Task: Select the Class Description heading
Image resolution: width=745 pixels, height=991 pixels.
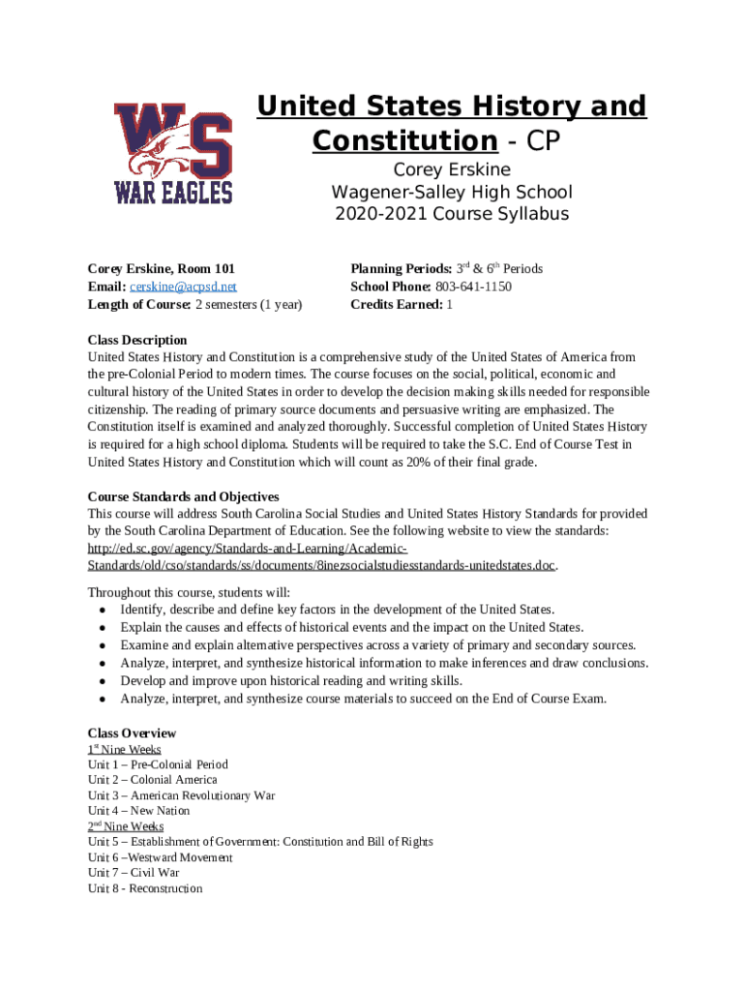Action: click(137, 340)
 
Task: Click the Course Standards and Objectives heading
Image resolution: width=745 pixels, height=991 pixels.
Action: click(183, 496)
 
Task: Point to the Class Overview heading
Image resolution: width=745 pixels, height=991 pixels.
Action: click(132, 733)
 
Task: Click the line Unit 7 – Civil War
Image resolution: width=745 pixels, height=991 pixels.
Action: click(134, 872)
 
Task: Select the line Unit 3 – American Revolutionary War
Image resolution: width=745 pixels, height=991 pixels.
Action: click(181, 796)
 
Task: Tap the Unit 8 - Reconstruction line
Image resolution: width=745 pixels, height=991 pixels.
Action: click(145, 887)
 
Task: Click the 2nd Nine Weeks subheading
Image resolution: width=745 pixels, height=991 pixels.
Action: click(126, 826)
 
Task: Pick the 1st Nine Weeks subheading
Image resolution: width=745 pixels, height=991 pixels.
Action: click(124, 749)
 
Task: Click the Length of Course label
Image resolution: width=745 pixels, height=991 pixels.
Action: click(139, 305)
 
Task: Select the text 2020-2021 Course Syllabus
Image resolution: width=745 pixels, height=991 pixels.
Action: click(452, 215)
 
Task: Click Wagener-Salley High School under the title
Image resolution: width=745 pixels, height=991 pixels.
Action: click(452, 193)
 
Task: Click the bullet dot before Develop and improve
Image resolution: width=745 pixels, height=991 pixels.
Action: click(103, 681)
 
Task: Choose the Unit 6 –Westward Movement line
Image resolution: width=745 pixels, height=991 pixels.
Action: click(160, 857)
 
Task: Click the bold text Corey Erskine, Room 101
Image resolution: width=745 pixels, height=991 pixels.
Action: click(161, 269)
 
